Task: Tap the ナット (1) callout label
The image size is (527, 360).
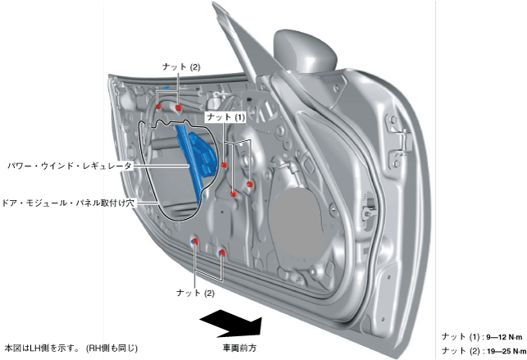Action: click(x=225, y=118)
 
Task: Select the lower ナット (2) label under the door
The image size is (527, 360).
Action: click(x=195, y=292)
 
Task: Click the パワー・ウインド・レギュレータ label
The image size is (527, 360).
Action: click(x=70, y=165)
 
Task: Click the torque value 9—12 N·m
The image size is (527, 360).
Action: click(x=504, y=337)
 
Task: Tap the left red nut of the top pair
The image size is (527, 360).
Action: click(x=159, y=107)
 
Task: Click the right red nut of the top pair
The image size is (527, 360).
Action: click(x=178, y=108)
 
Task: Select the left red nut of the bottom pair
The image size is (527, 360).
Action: click(x=194, y=242)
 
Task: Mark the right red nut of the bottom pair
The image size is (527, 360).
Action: click(x=222, y=253)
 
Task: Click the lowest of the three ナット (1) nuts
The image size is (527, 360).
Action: click(x=234, y=194)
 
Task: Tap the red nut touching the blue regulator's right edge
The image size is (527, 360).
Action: click(x=224, y=166)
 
